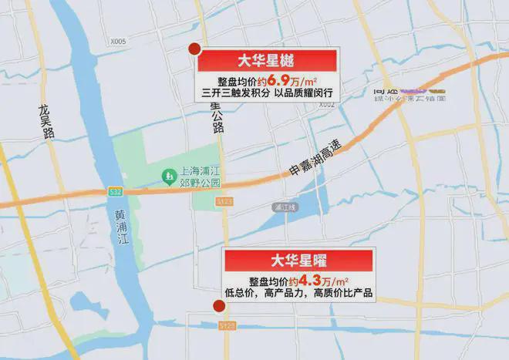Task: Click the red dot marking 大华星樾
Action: [194, 50]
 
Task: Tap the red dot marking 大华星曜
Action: [219, 306]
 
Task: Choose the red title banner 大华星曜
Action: [299, 260]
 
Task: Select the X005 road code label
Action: [118, 43]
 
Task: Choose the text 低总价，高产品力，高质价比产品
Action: [299, 293]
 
